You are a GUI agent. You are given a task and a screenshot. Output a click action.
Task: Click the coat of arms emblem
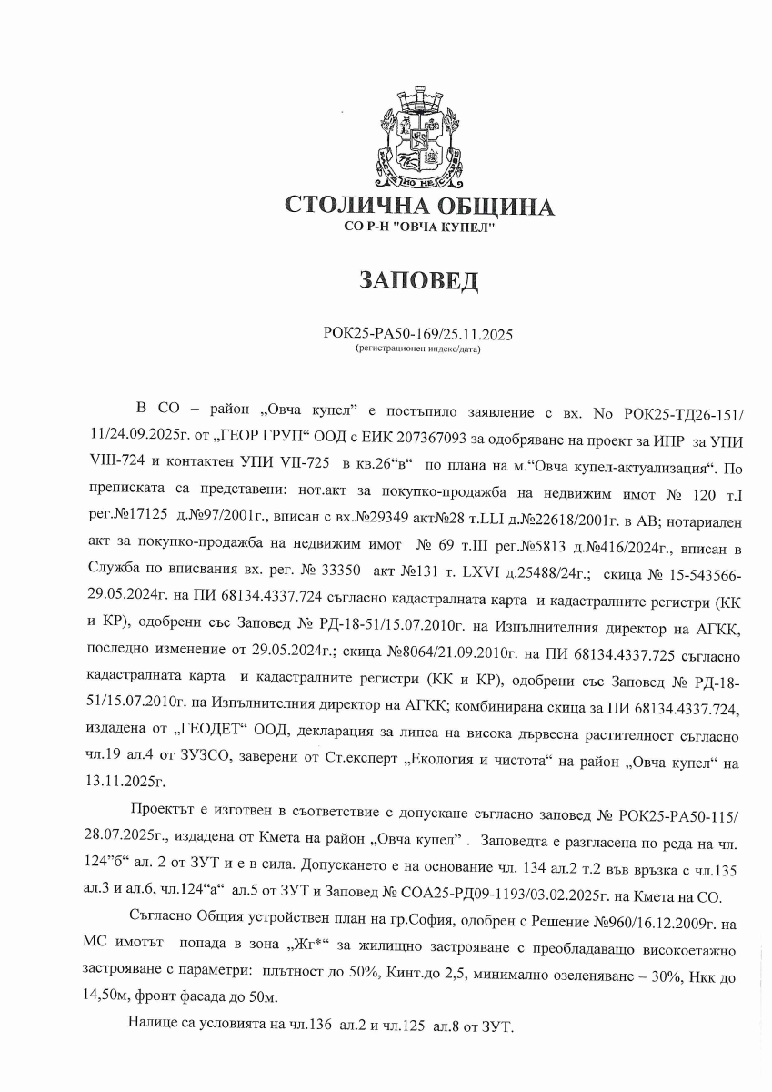(419, 137)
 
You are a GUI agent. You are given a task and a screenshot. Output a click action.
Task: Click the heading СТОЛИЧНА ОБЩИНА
(419, 207)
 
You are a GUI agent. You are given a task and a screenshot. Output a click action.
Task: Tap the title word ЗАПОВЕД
(418, 280)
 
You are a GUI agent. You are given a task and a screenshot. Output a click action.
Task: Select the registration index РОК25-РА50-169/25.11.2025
(418, 335)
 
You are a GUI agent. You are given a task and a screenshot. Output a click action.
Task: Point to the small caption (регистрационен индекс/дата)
(418, 348)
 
